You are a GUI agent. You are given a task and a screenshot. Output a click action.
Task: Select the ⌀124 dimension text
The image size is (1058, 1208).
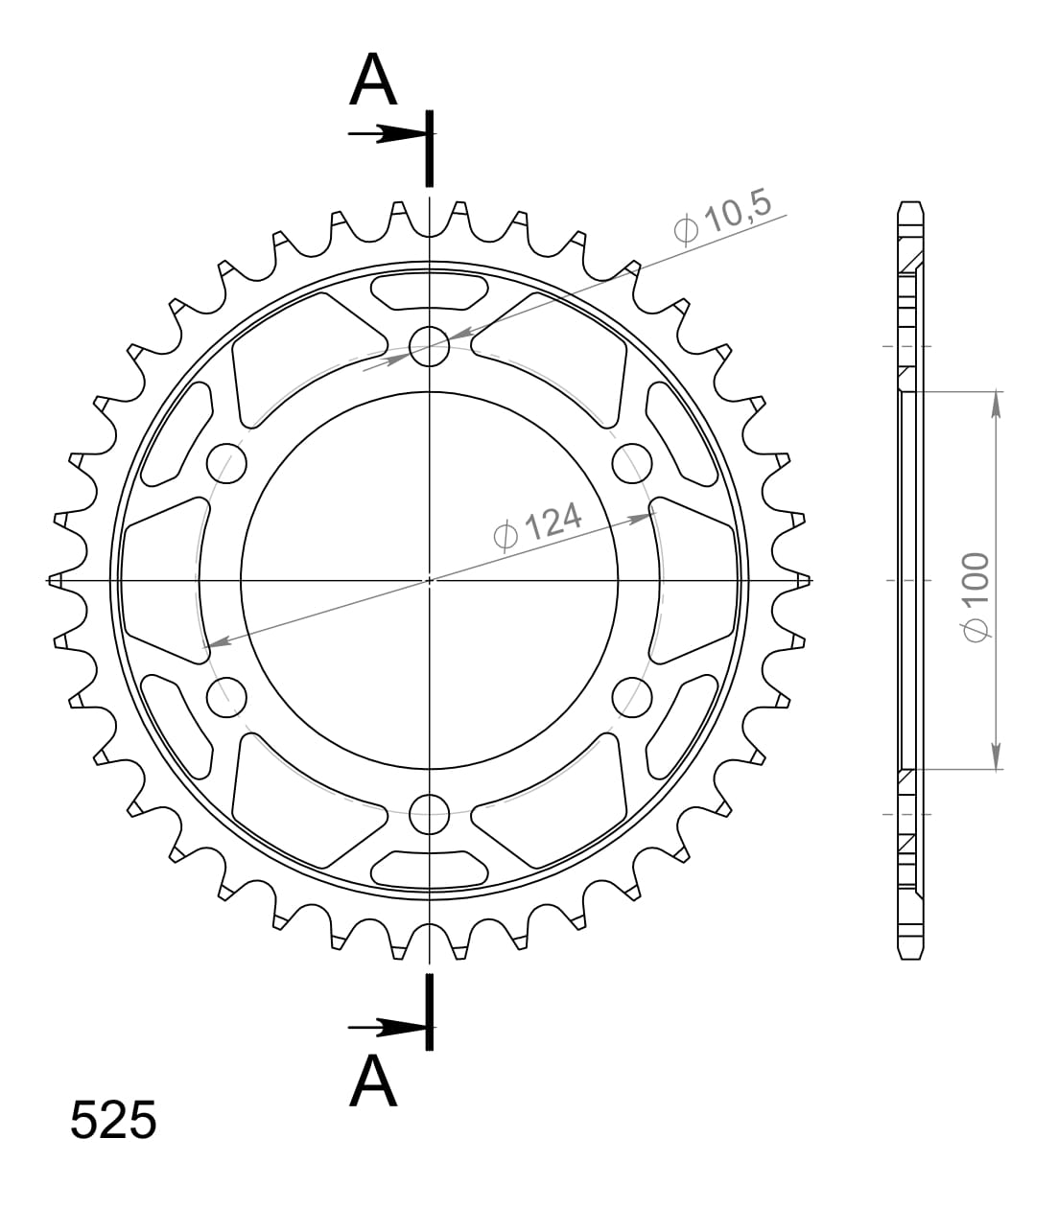[x=538, y=525]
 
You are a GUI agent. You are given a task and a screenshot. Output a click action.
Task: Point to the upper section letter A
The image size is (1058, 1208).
[x=373, y=81]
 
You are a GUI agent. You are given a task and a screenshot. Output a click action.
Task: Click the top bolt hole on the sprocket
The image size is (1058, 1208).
[x=430, y=346]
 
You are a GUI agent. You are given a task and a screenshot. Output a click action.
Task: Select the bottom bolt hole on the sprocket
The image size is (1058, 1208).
[x=430, y=815]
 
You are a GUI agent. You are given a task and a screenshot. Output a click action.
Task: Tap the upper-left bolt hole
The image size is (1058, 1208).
[x=227, y=463]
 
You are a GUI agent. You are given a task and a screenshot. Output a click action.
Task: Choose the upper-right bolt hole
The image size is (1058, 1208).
[x=632, y=463]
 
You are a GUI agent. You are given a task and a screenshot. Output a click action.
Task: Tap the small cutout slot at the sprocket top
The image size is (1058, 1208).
[x=430, y=290]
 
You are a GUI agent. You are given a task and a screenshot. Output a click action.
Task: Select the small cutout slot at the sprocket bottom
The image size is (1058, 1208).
[x=430, y=870]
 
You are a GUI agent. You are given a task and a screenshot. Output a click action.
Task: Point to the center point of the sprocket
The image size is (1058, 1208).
[x=430, y=580]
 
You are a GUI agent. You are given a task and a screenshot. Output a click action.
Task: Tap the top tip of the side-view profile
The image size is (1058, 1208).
[x=911, y=204]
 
